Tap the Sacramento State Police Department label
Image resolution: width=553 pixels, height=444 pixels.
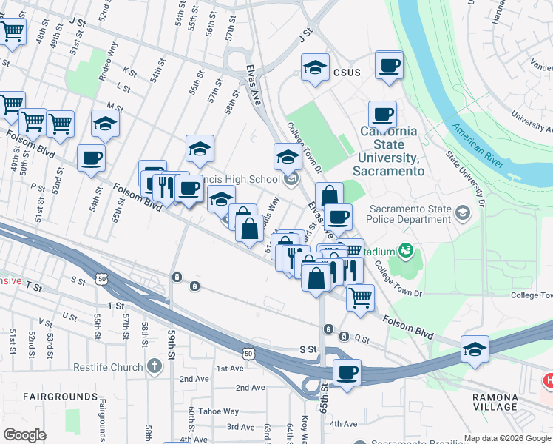(410, 214)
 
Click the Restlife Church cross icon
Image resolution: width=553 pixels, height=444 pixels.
(153, 366)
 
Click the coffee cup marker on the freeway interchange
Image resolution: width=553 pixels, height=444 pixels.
(346, 372)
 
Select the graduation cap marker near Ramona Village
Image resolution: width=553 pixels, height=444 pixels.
(475, 350)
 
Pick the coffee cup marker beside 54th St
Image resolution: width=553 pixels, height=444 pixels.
(91, 158)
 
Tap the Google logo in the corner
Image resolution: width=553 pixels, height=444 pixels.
(25, 435)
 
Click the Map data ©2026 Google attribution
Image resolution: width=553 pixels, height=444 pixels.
(507, 438)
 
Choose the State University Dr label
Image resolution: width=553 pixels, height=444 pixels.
(464, 178)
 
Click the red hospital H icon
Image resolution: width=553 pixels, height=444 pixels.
(549, 380)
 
